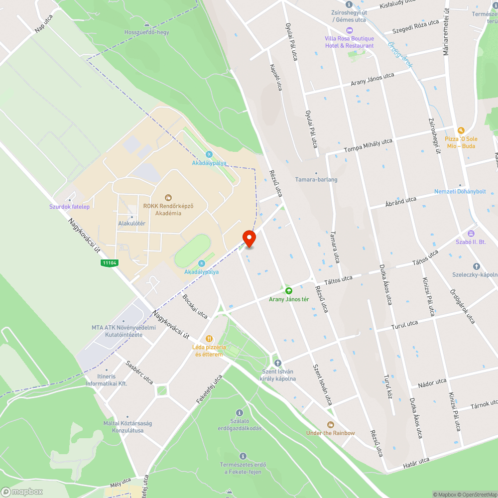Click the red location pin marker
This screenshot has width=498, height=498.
(x=249, y=239)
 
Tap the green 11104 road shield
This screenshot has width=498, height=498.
(x=109, y=262)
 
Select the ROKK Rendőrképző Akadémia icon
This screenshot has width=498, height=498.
(x=168, y=198)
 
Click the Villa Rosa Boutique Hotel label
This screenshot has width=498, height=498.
(x=349, y=42)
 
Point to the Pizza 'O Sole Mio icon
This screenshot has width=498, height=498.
(x=461, y=130)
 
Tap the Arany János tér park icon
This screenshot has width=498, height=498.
(x=288, y=290)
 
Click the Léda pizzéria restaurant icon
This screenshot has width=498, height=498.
(x=209, y=339)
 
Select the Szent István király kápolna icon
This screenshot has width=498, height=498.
(x=278, y=363)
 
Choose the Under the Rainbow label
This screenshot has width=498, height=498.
(x=331, y=433)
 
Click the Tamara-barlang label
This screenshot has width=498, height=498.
(x=316, y=179)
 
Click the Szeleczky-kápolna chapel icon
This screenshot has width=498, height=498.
(x=476, y=266)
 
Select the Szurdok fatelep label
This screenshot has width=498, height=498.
(x=69, y=207)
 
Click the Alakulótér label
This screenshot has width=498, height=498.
(x=131, y=224)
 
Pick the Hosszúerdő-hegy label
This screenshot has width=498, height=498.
(x=147, y=32)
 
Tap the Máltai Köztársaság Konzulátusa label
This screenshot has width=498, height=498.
(x=127, y=427)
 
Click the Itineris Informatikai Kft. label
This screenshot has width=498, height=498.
(x=106, y=380)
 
